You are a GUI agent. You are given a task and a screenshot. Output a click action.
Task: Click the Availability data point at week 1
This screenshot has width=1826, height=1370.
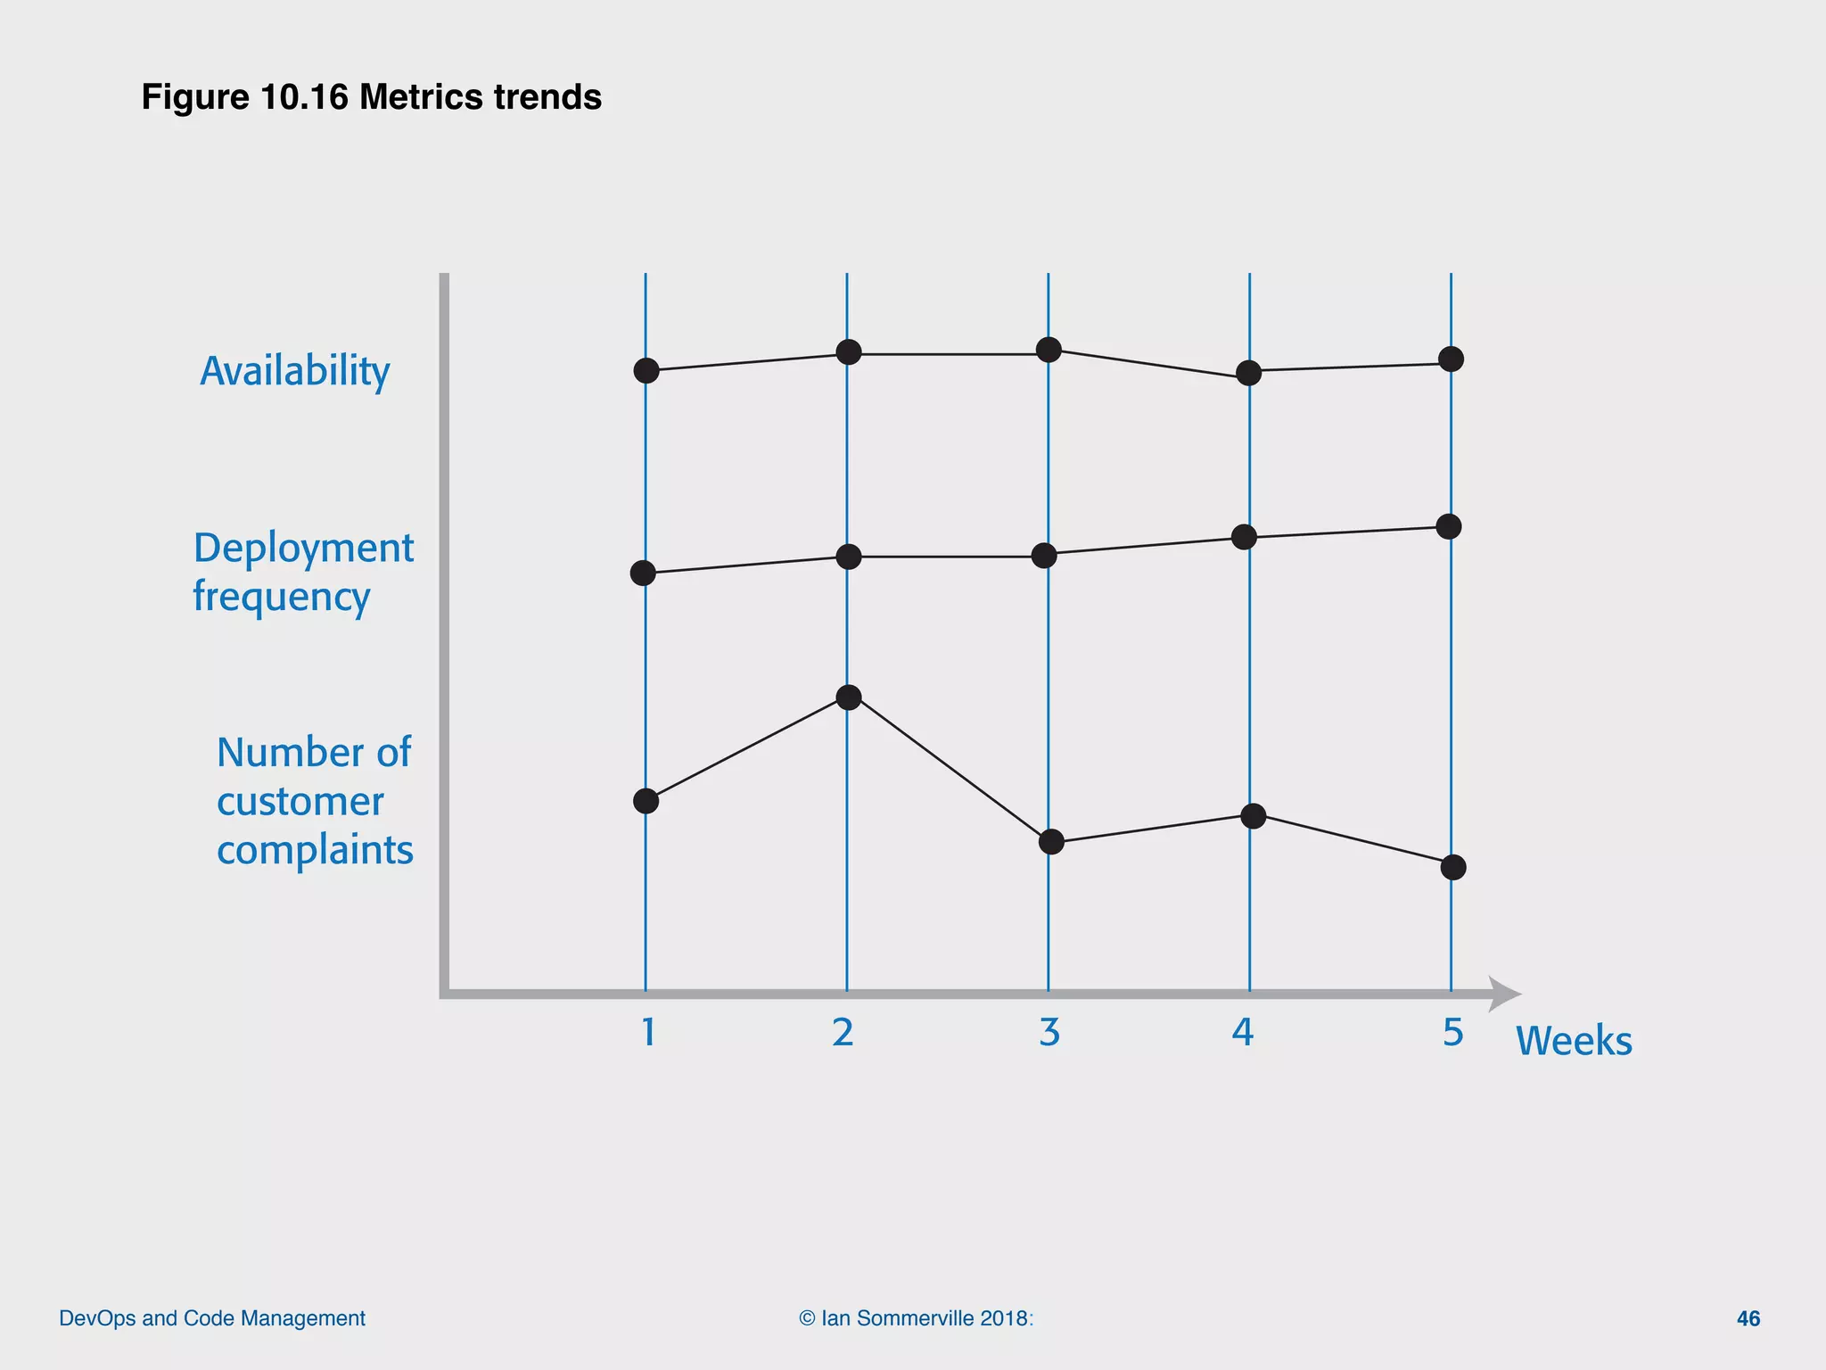coord(646,370)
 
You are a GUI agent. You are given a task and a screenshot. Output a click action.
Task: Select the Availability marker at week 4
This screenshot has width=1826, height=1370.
coord(1249,373)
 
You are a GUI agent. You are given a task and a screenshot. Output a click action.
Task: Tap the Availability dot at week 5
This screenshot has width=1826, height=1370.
coord(1452,359)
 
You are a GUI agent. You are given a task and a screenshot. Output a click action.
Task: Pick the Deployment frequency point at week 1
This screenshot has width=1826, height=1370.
coord(643,573)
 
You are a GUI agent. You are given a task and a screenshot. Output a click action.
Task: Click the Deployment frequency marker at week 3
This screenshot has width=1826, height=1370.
coord(1044,556)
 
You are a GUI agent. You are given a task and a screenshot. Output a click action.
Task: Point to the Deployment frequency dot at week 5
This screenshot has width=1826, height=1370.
coord(1449,526)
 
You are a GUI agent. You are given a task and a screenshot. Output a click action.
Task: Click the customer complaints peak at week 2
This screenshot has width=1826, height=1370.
coord(849,697)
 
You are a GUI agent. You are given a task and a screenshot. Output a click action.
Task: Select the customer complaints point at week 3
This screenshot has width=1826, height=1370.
coord(1052,841)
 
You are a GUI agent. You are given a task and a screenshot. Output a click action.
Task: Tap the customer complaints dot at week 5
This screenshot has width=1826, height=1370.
coord(1453,867)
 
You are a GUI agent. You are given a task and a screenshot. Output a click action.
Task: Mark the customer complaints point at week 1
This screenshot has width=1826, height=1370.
coord(646,801)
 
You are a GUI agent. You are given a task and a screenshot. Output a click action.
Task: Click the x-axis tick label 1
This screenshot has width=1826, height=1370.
coord(648,1032)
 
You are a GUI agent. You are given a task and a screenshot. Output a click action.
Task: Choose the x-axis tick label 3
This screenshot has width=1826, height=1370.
coord(1049,1032)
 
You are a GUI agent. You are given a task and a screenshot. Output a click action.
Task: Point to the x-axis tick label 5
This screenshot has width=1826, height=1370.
coord(1453,1032)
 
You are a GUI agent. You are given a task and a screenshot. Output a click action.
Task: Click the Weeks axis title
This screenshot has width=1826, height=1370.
coord(1574,1041)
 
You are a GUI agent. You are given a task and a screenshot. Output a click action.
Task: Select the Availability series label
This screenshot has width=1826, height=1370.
coord(295,371)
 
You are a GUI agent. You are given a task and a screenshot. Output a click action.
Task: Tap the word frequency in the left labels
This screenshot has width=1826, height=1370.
coord(281,596)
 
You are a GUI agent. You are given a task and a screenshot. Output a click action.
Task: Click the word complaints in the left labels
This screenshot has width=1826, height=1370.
coord(315,850)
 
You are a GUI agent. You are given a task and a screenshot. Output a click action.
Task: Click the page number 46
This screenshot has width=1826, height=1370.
coord(1748,1318)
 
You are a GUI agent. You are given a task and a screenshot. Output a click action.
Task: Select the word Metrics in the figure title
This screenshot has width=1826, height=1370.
coord(416,97)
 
